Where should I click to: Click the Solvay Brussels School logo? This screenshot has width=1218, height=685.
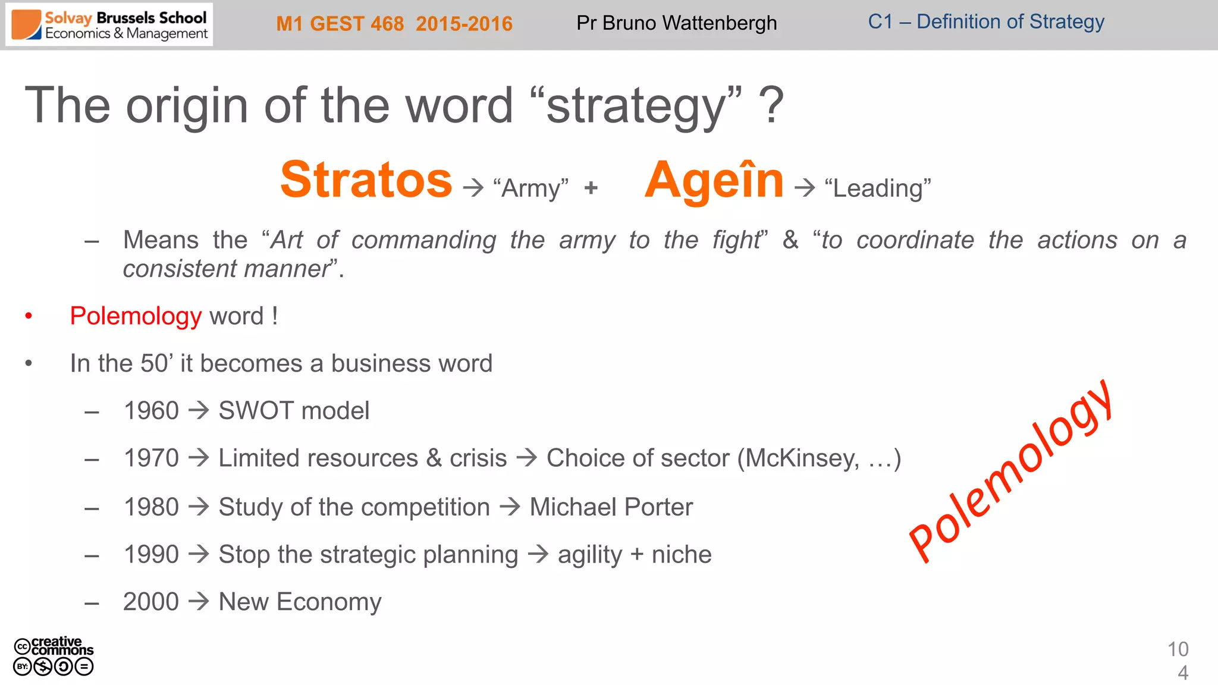[109, 25]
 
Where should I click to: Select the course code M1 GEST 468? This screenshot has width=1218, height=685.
[340, 24]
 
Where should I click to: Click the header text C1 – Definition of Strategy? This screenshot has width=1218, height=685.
[985, 22]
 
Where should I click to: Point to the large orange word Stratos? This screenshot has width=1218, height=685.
[366, 180]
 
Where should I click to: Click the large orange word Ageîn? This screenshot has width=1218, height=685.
[714, 180]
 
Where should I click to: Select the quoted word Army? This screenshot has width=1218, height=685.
[530, 188]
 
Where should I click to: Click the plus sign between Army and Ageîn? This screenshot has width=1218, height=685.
[591, 188]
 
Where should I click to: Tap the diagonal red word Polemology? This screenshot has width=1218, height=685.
[1011, 471]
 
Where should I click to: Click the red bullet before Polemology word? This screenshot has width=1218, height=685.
[29, 316]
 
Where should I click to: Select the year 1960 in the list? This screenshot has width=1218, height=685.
[151, 411]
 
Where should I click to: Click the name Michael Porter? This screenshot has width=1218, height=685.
[611, 507]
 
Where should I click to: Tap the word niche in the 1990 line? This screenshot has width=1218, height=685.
[682, 555]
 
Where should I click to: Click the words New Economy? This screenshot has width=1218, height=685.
[300, 602]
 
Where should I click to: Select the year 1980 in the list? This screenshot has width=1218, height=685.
[151, 507]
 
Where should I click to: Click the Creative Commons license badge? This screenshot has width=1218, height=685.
[54, 656]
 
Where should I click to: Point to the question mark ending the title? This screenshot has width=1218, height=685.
[771, 106]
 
